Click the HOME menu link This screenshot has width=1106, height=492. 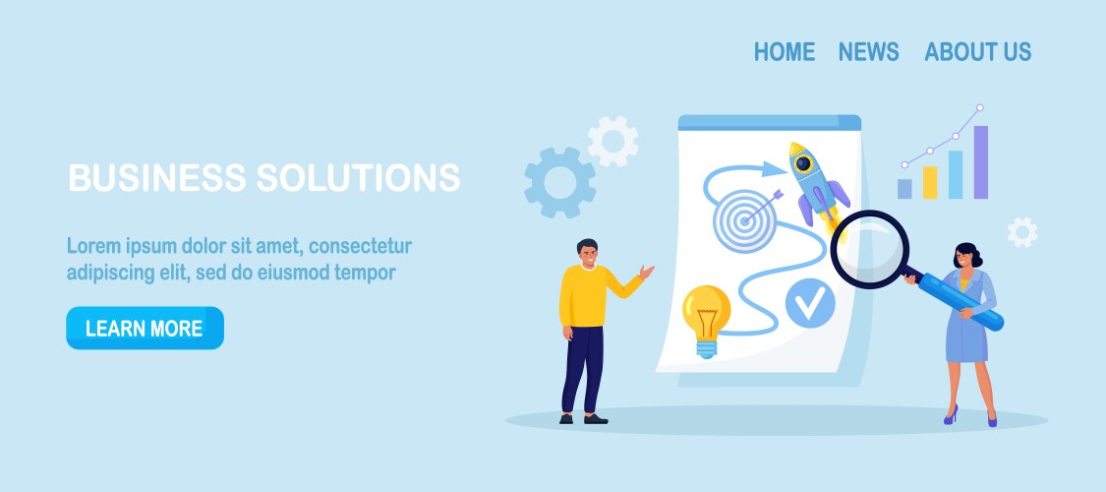point(785,51)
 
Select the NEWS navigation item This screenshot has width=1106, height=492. point(868,51)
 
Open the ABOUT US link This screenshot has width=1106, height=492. point(977,51)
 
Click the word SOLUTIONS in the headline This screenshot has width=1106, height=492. point(358,177)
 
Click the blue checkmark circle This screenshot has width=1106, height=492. point(810,303)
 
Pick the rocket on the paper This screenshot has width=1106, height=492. point(817,185)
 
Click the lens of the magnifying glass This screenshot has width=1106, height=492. point(869,249)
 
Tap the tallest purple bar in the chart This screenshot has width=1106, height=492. point(980,162)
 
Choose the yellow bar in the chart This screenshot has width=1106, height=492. point(930,182)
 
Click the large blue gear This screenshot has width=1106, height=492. point(559,182)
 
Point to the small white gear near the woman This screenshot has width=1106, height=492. point(1022,231)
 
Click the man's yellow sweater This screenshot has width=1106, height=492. point(593,296)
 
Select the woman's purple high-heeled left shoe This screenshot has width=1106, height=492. point(952,414)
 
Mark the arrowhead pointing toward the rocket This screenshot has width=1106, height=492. point(775,168)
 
